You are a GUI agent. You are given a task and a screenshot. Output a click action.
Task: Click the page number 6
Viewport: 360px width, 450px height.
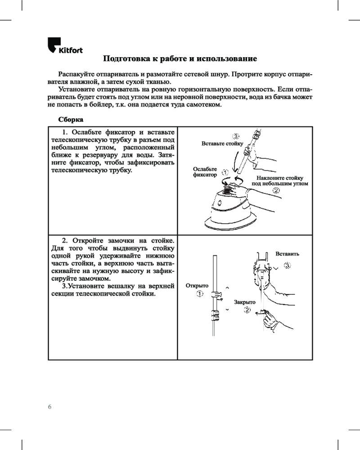pos(50,407)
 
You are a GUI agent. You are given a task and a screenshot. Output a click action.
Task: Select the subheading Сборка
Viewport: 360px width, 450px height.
pos(71,120)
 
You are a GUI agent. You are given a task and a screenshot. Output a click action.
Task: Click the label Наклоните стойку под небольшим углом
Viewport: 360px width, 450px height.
pos(280,180)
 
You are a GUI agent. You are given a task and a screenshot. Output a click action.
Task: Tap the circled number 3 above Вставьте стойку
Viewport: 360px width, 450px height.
pos(235,136)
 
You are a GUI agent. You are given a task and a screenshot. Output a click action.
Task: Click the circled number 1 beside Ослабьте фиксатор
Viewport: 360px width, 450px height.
pos(225,172)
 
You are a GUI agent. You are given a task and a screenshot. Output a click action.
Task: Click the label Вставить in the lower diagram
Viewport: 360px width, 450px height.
pos(287,254)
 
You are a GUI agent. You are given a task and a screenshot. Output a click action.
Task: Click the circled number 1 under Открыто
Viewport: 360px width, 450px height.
pos(199,294)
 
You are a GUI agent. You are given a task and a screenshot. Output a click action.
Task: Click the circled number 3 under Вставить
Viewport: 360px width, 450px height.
pos(288,265)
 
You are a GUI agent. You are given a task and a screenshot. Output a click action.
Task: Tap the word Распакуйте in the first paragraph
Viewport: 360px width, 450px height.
pos(75,74)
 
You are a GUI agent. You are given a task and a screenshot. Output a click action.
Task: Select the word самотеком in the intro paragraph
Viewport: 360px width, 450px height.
pos(204,104)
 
